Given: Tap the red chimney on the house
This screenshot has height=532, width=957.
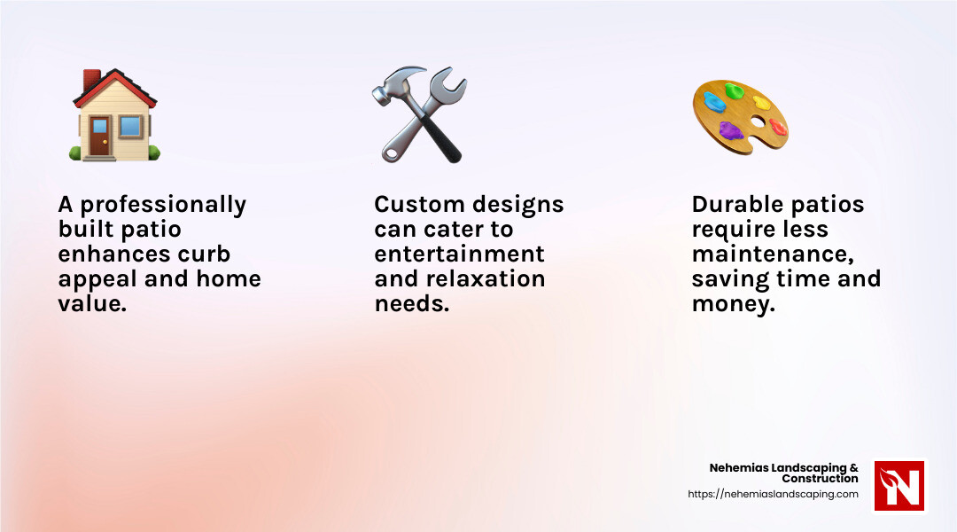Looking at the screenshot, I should (91, 82).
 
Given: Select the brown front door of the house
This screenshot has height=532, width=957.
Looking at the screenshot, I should (98, 135).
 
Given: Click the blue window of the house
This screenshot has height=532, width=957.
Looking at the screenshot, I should (130, 127).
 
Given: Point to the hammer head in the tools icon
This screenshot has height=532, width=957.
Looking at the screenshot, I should (390, 84).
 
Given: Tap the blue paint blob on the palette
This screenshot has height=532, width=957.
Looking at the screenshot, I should (714, 102).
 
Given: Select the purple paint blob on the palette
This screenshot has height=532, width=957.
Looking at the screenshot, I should (730, 132).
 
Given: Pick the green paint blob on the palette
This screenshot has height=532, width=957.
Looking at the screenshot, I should (734, 90).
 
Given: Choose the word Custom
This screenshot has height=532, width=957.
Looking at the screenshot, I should (416, 205).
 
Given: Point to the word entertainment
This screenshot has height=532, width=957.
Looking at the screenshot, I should (459, 254).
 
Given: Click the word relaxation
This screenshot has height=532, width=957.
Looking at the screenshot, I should (479, 279).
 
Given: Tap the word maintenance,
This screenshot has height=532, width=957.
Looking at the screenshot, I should (773, 254).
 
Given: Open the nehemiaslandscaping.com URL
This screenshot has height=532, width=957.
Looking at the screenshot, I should (773, 495).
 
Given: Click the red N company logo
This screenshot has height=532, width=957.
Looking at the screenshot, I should (899, 486).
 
